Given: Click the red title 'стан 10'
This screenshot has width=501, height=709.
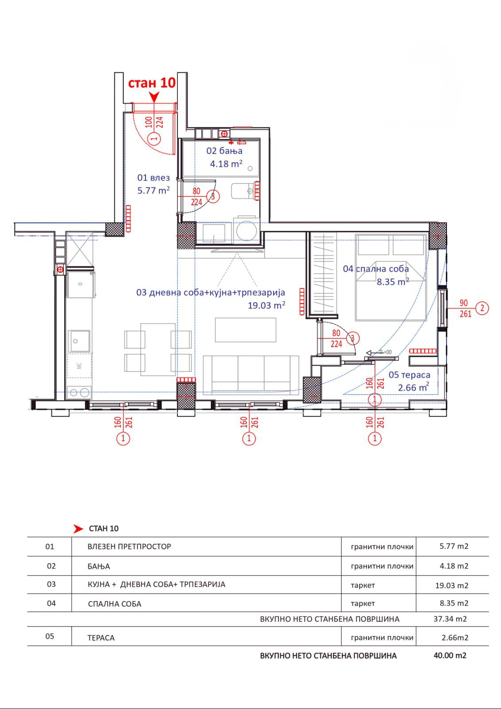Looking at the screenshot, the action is (151, 83).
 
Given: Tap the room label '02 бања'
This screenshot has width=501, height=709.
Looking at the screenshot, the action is (224, 151).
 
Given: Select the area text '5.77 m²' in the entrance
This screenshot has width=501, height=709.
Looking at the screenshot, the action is (153, 191).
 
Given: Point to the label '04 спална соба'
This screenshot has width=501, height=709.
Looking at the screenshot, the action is (376, 269).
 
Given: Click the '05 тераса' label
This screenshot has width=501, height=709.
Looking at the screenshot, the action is (409, 375).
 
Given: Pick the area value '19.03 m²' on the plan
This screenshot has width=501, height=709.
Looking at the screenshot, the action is (266, 305).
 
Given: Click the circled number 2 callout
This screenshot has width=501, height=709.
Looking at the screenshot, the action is (482, 308).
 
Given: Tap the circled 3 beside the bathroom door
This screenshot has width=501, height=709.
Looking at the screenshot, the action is (213, 196).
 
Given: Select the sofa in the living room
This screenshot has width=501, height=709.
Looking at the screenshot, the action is (251, 375).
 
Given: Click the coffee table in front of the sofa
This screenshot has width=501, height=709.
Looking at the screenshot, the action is (246, 330).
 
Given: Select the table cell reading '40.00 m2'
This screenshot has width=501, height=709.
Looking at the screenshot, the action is (450, 655).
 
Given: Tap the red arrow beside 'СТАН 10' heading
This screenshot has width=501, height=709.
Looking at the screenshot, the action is (78, 529).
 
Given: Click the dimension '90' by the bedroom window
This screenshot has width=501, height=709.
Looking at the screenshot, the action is (463, 303).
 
